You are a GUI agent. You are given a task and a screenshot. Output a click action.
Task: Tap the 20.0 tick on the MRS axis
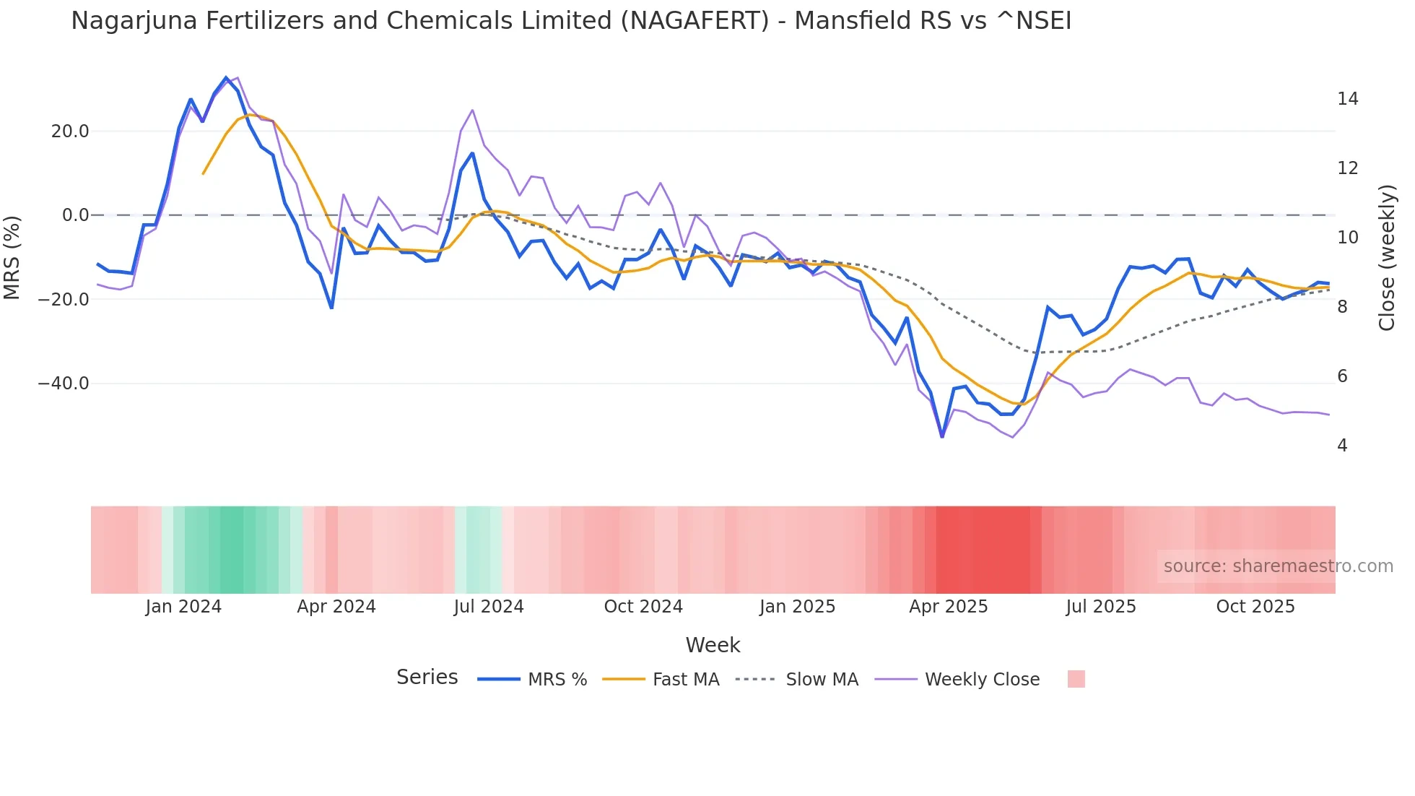tap(70, 131)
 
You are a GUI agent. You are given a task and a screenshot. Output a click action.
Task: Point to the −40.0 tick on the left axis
tap(64, 384)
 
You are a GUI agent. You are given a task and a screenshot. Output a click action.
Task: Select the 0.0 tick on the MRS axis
tap(75, 215)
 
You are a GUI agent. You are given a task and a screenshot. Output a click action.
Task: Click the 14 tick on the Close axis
tap(1347, 99)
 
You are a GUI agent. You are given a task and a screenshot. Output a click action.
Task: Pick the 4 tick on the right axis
tap(1342, 446)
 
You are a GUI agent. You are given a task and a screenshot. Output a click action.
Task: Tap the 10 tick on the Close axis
tap(1347, 238)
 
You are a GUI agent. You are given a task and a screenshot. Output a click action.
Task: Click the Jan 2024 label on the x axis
tap(183, 607)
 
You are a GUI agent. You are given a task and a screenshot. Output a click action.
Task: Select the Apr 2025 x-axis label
tap(948, 607)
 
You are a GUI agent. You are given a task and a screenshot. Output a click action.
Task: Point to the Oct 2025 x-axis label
tap(1255, 607)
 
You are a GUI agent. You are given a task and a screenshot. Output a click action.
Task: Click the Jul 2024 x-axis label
tap(489, 607)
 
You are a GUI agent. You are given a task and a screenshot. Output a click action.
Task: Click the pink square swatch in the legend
tap(1076, 679)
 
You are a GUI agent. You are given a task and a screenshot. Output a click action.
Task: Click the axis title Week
tap(713, 645)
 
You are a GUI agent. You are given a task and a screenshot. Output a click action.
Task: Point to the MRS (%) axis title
tap(12, 257)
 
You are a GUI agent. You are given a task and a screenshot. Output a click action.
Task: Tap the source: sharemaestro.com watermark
tap(1278, 566)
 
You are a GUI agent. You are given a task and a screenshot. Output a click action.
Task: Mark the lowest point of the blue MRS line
tap(942, 436)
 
